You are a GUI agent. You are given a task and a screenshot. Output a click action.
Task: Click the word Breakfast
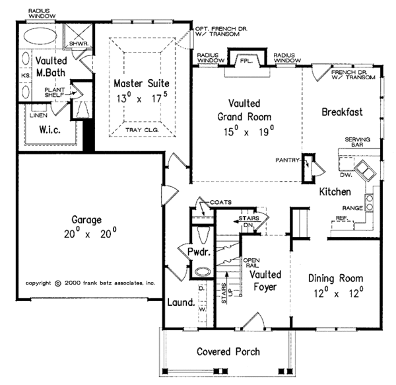(x=342, y=112)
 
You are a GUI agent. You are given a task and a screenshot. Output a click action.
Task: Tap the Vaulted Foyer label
(x=265, y=281)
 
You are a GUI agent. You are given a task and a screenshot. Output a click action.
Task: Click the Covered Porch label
(x=229, y=351)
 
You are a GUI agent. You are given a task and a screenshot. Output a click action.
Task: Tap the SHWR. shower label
(x=71, y=44)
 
